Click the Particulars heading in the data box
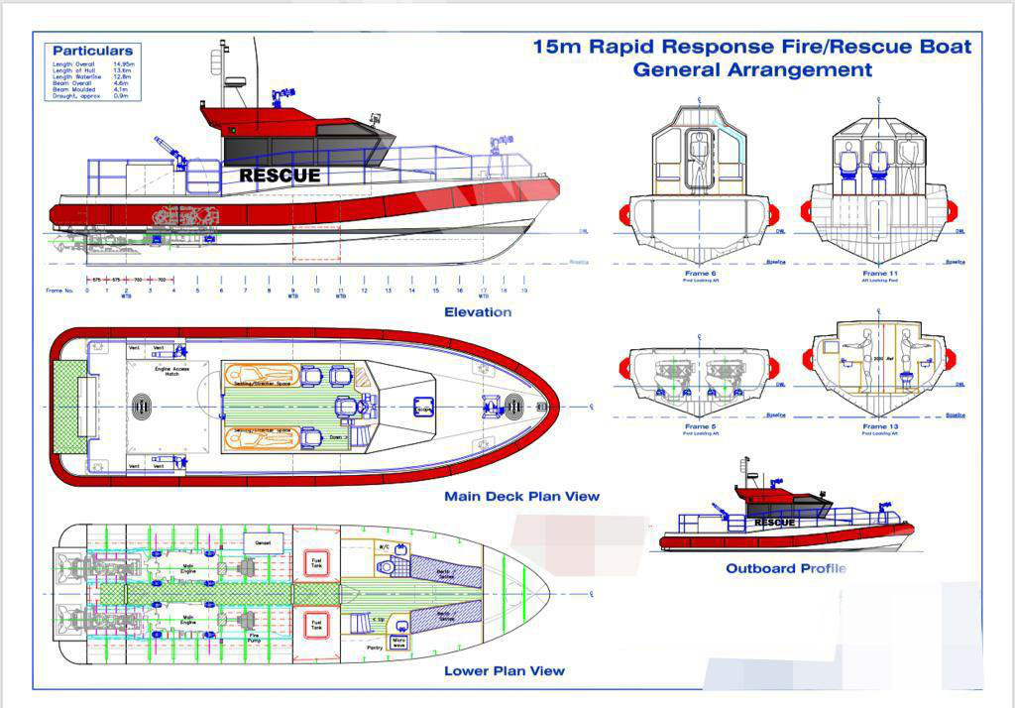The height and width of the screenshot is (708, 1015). coord(92,51)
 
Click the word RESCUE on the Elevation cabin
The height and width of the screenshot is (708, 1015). coord(280,176)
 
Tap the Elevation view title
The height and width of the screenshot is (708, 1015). coord(478,312)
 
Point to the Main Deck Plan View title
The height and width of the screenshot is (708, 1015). coord(521,496)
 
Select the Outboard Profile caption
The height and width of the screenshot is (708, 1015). coord(786,568)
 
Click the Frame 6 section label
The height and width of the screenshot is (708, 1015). coord(699,273)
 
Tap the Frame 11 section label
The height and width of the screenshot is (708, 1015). coord(875,273)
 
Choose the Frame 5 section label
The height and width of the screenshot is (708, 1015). coord(699,426)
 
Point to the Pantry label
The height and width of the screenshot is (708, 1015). coord(374,648)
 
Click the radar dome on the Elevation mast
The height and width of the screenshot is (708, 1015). coord(236,81)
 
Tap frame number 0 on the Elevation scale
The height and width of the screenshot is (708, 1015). coord(87,291)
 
